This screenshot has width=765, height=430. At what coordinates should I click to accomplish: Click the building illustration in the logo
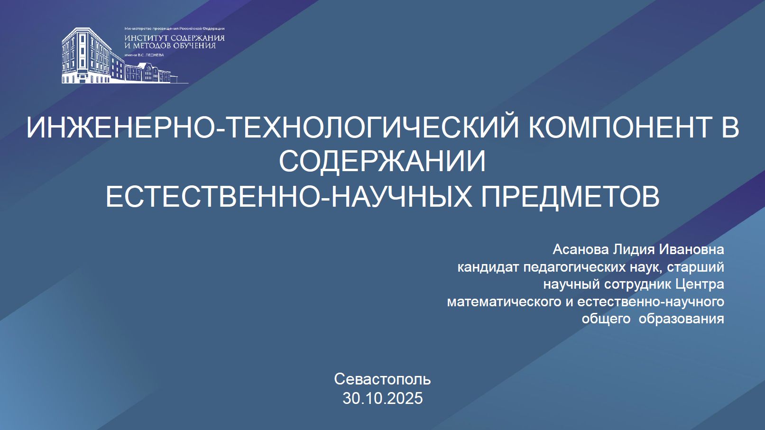click(125, 55)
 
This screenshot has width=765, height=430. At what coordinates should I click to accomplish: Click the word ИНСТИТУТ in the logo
click(145, 38)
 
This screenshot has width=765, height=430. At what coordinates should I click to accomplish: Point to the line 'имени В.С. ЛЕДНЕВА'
click(144, 55)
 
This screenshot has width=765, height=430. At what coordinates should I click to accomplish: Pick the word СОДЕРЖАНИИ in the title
click(382, 161)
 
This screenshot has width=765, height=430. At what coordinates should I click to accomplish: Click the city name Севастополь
click(382, 379)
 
